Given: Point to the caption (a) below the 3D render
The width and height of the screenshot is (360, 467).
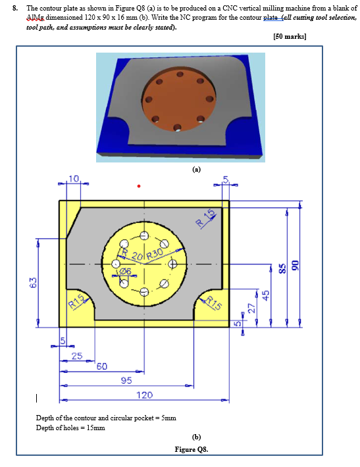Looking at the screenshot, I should [196, 168].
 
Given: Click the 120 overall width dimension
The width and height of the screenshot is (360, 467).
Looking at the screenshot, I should [145, 395].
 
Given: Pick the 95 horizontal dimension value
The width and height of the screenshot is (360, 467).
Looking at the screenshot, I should [126, 380].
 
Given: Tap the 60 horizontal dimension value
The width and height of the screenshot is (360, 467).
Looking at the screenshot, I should [103, 366].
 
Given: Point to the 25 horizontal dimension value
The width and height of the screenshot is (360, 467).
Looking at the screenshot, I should [78, 356].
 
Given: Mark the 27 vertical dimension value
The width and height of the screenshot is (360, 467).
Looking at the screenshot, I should [251, 307].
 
